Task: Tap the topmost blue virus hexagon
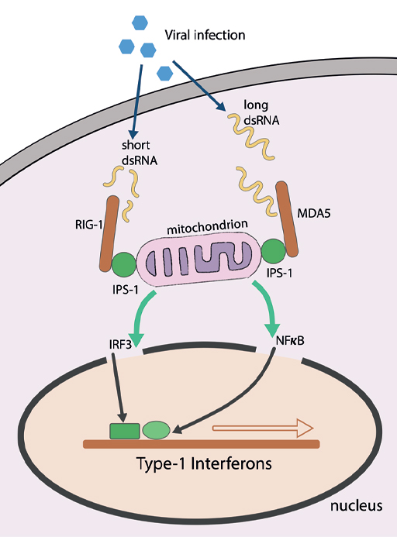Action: point(140,22)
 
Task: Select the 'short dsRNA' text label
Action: point(136,153)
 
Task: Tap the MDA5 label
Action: point(313,212)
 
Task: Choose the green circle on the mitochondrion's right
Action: point(274,253)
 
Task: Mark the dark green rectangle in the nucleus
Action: point(124,431)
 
